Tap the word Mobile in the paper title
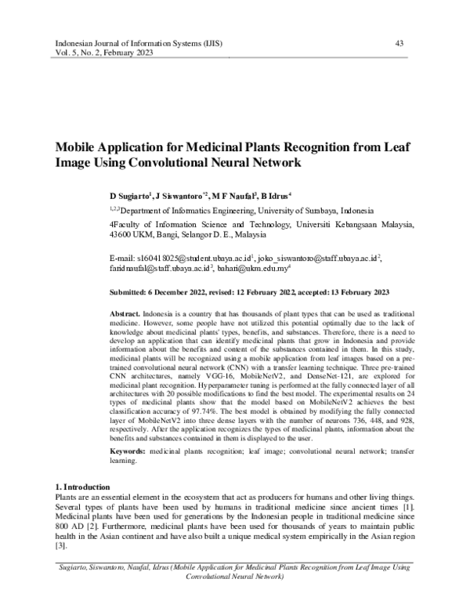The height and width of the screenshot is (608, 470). tap(75, 148)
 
